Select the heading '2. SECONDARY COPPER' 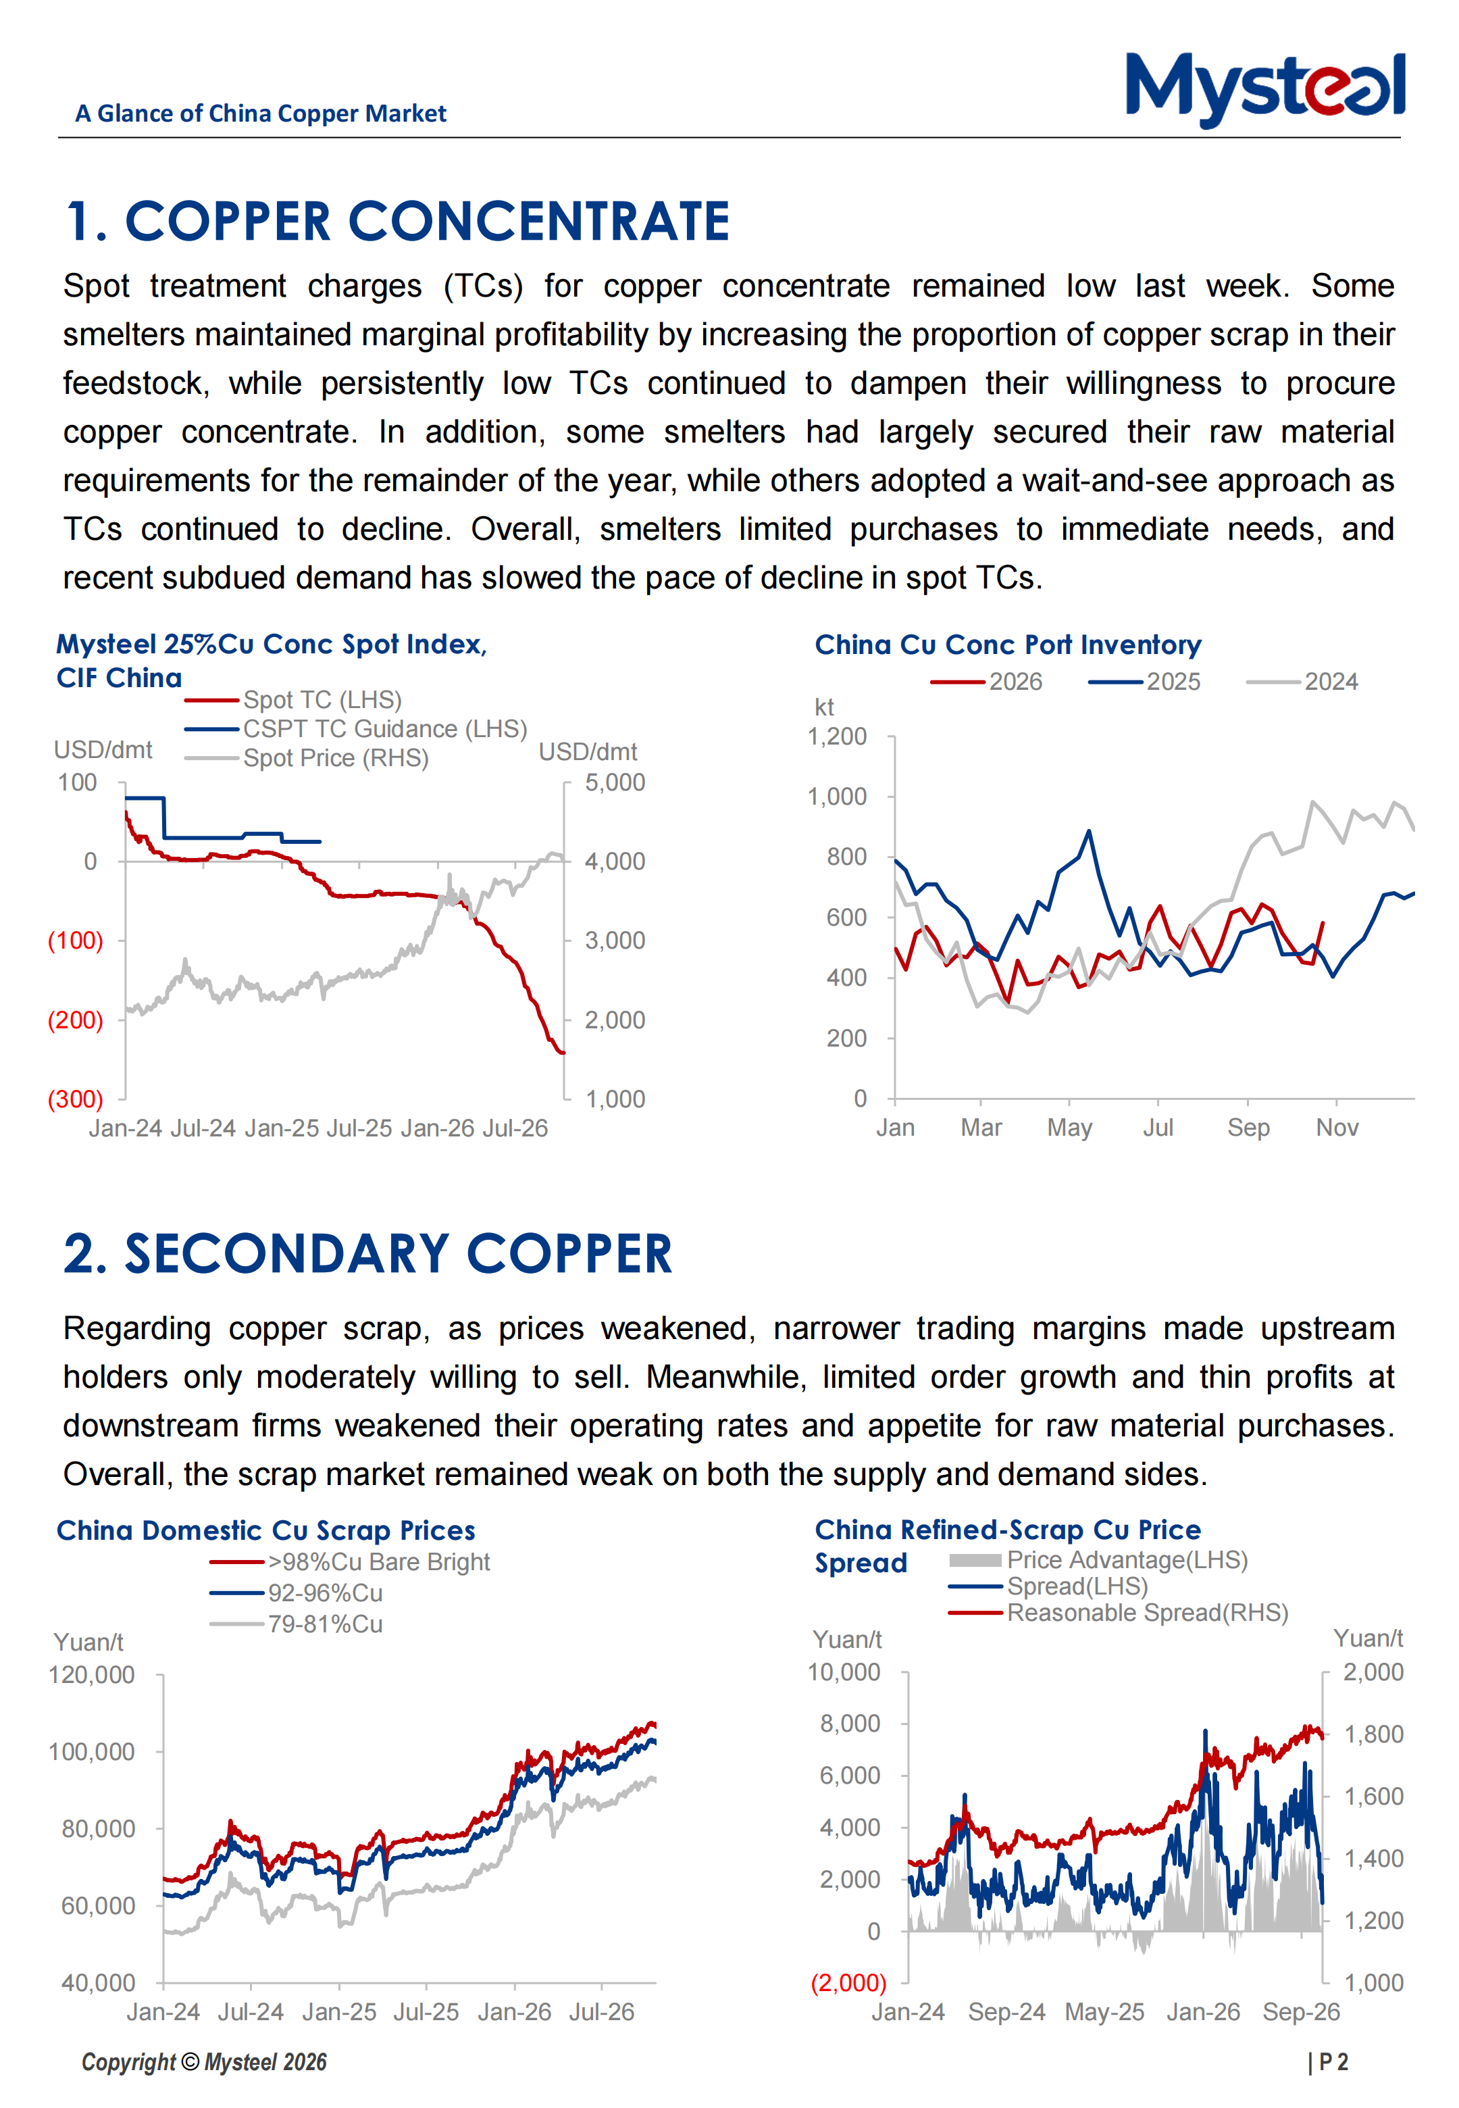[368, 1253]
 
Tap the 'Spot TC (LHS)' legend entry [293, 700]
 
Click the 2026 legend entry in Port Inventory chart [986, 682]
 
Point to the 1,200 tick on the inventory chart [836, 737]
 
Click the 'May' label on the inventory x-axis [1069, 1128]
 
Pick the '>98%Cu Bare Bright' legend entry [350, 1562]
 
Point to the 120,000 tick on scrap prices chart [91, 1675]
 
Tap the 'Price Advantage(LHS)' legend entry [1099, 1561]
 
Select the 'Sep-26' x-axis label [1301, 2012]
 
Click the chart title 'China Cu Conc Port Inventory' [1008, 645]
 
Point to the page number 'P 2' [1333, 2062]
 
